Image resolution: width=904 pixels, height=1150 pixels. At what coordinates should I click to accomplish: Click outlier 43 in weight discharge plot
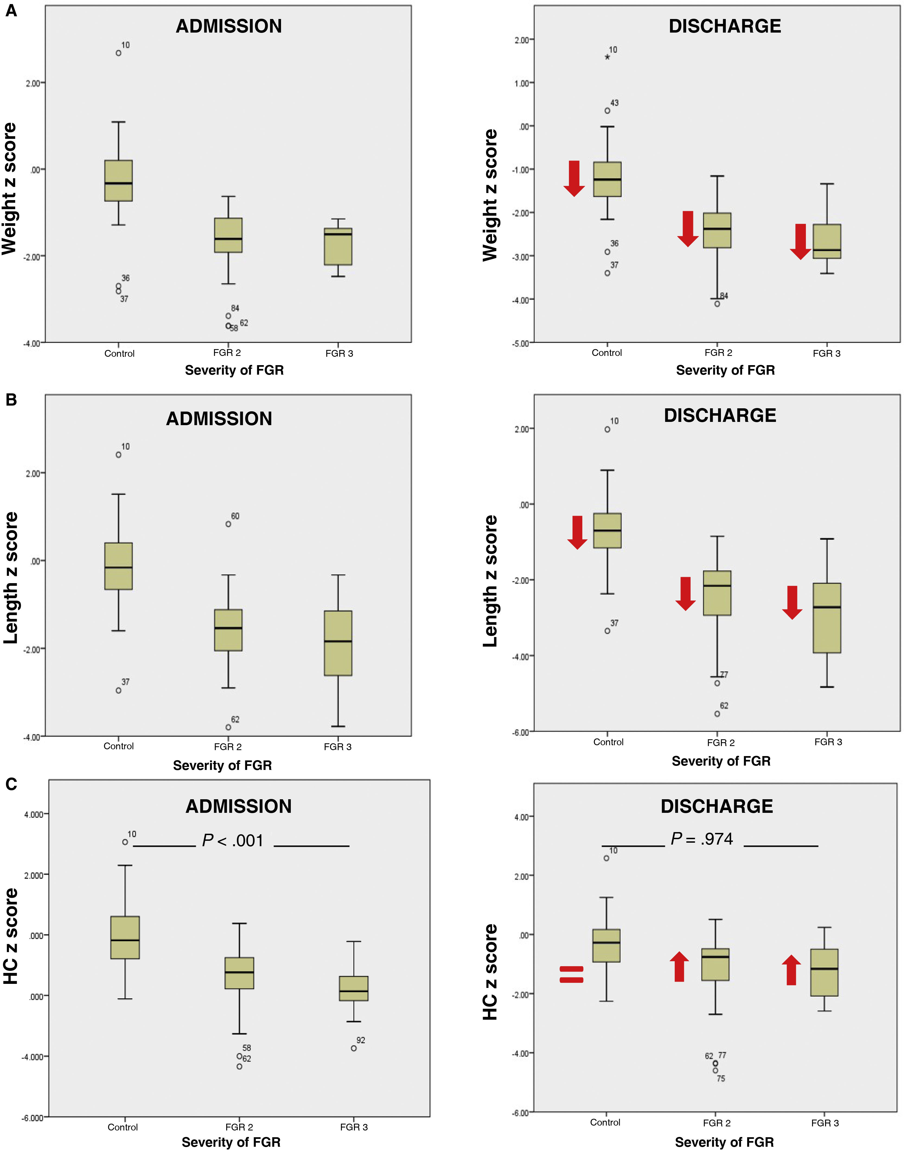[x=608, y=111]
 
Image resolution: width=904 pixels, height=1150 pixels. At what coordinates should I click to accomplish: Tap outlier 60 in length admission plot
[x=228, y=524]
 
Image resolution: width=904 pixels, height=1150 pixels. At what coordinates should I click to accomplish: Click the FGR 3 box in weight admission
[x=338, y=246]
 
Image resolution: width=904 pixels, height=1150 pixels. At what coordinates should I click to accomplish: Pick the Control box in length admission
[x=119, y=566]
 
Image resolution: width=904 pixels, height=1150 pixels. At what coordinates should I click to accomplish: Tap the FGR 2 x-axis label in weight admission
[x=227, y=353]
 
